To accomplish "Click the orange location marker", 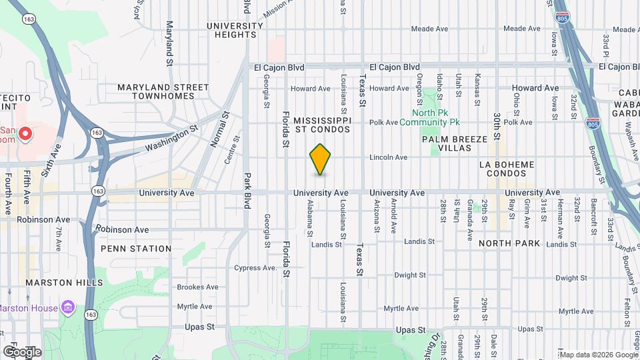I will pos(321,159).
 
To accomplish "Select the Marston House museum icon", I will pos(67,307).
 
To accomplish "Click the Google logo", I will pos(22,351).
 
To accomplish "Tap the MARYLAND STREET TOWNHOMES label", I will pos(163,91).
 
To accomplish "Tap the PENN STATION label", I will pos(136,249).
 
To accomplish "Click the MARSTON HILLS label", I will pos(64,283).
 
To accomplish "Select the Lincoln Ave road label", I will pos(389,157).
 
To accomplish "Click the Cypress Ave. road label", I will pos(255,268).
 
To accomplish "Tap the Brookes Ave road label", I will pos(197,287).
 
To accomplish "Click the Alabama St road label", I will pos(310,219).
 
